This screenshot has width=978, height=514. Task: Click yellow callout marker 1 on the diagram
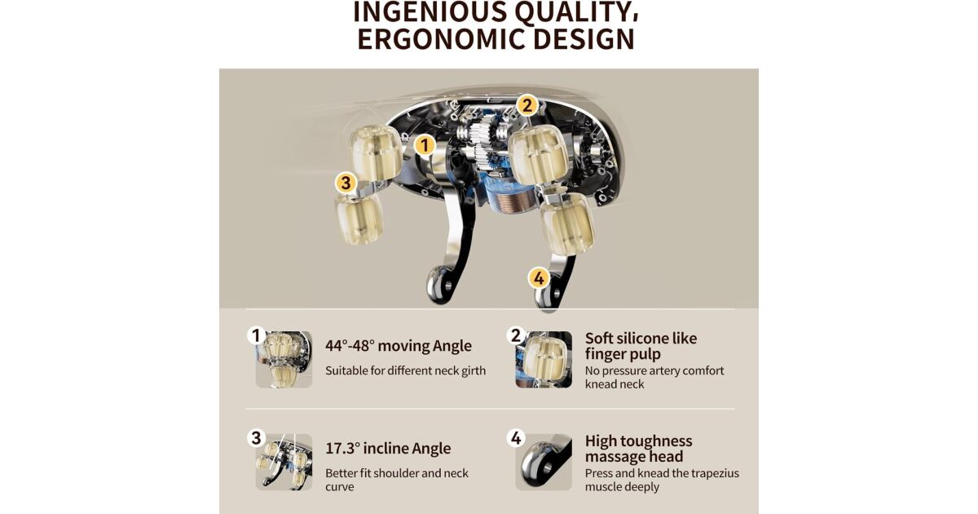[x=425, y=144]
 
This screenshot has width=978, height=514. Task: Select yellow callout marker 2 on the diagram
[x=527, y=105]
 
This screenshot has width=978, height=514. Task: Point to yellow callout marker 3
[x=346, y=182]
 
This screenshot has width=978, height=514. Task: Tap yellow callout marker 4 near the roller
[x=539, y=278]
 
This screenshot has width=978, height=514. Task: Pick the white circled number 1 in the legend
[x=256, y=335]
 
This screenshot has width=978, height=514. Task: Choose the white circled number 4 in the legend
[x=516, y=438]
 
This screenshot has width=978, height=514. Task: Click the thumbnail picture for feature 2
[x=544, y=360]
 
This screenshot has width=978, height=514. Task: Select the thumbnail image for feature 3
[x=284, y=462]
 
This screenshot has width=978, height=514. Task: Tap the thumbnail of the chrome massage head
[x=544, y=462]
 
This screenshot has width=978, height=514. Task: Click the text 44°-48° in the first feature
[x=350, y=346]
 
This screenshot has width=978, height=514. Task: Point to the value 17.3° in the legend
[x=343, y=449]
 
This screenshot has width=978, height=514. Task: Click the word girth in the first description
[x=474, y=371]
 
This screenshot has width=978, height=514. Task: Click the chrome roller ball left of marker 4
[x=439, y=285]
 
